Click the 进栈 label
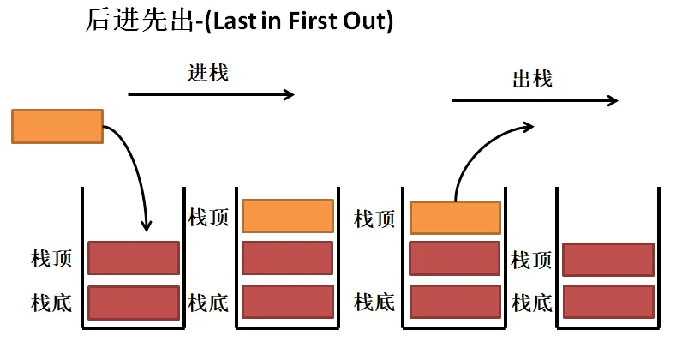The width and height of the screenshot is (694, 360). [208, 72]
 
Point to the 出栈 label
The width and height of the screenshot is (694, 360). [532, 79]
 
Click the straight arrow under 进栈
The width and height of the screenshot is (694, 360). [211, 94]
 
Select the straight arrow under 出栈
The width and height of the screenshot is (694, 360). [535, 101]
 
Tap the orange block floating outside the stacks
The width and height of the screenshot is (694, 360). [57, 126]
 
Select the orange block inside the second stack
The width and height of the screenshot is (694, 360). [287, 216]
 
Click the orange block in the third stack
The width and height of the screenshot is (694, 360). [455, 218]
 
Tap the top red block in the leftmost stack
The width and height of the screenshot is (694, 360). [133, 257]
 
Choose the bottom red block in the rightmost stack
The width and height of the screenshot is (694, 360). [607, 302]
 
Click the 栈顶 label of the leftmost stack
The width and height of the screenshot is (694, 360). [51, 258]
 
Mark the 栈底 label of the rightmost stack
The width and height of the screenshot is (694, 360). [532, 303]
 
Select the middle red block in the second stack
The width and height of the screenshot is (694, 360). [287, 257]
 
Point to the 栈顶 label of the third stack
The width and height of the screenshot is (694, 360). [374, 218]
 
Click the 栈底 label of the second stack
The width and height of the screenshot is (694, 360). [208, 303]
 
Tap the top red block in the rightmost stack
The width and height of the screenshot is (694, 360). [607, 259]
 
